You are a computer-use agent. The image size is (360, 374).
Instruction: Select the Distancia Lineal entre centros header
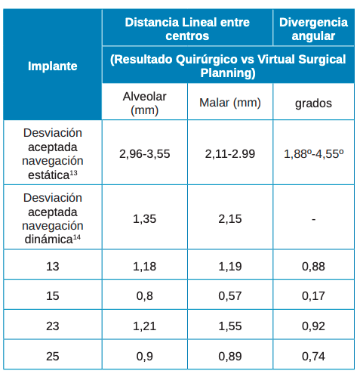tap(187, 29)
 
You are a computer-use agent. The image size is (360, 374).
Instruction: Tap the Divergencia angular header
tap(313, 29)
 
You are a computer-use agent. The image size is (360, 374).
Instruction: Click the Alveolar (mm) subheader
tap(145, 104)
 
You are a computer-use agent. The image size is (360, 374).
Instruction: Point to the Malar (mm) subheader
tap(230, 103)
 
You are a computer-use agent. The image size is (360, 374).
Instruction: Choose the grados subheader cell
tap(313, 104)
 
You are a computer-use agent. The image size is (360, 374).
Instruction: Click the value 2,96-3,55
tap(145, 154)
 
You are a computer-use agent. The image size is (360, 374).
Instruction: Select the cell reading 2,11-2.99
tap(230, 154)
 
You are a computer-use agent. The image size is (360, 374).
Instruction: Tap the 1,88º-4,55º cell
tap(314, 154)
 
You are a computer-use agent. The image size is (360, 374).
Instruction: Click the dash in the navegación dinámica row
tap(314, 219)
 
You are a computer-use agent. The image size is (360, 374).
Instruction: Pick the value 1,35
tap(145, 219)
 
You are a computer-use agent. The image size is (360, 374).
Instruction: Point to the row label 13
tap(53, 267)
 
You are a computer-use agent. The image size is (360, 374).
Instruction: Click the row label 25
tap(53, 357)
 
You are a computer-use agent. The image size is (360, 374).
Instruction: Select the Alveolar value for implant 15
tap(145, 296)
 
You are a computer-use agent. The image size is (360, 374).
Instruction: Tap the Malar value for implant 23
tap(230, 326)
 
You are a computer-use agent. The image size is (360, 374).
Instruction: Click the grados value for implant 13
tap(313, 267)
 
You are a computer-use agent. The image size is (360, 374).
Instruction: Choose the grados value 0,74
tap(313, 357)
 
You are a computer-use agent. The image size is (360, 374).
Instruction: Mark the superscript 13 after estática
tap(73, 173)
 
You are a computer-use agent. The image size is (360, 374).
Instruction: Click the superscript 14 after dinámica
tap(77, 237)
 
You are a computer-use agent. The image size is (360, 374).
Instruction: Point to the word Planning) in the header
tap(228, 73)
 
